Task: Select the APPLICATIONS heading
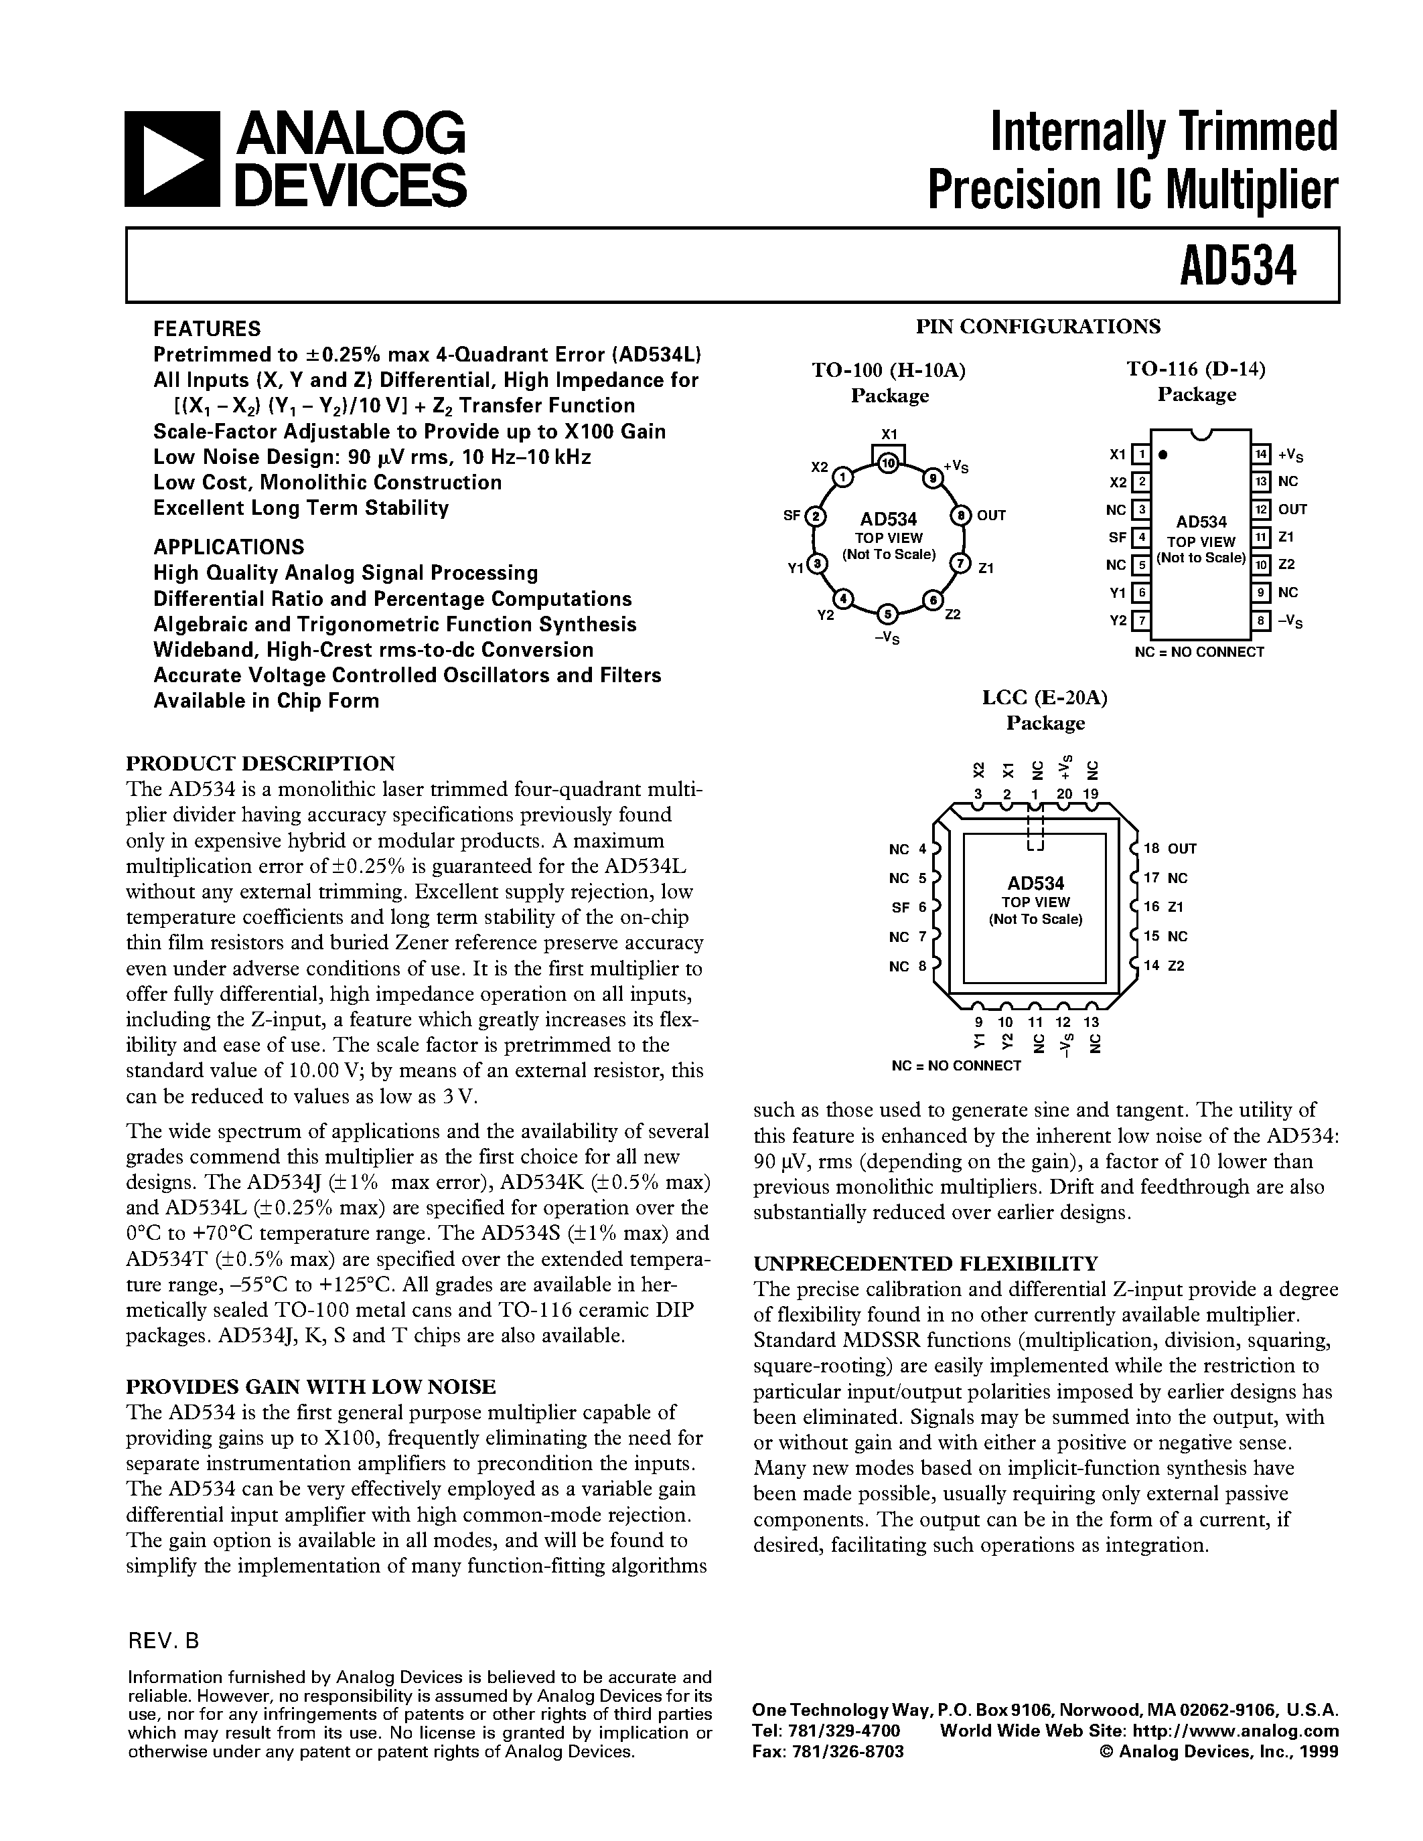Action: pyautogui.click(x=228, y=546)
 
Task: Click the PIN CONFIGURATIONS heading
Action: pyautogui.click(x=1038, y=326)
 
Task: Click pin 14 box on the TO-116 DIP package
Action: pyautogui.click(x=1260, y=455)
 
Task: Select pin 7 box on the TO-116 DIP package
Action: pyautogui.click(x=1140, y=621)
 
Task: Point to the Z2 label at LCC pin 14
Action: pyautogui.click(x=1176, y=966)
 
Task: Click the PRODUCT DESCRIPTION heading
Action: pyautogui.click(x=260, y=764)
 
